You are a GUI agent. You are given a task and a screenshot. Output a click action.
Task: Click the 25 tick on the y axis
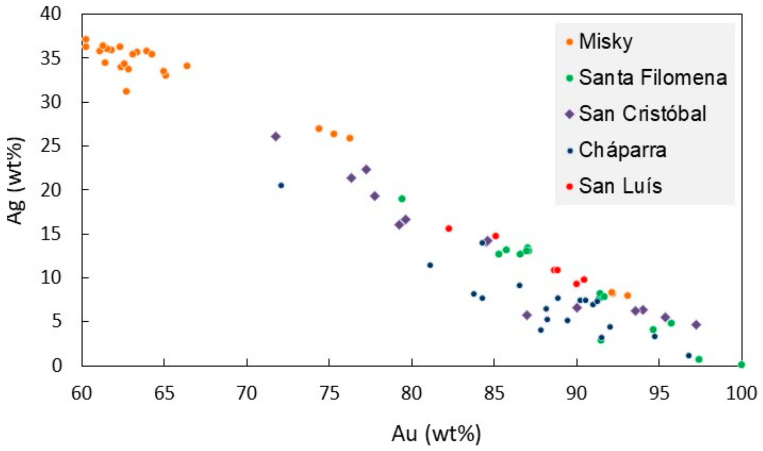point(51,146)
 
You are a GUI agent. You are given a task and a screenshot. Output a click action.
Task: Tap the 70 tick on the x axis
point(246,393)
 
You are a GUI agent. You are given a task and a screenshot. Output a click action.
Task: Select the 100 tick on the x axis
point(741,393)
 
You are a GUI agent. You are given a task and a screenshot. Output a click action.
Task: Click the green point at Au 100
point(741,364)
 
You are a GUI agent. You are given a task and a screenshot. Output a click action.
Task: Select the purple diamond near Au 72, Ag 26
point(276,137)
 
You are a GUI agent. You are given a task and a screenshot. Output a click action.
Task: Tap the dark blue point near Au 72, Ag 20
point(281,186)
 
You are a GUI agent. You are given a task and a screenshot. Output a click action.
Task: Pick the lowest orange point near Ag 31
point(126,92)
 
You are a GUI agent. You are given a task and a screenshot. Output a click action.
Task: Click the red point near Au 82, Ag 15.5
point(449,228)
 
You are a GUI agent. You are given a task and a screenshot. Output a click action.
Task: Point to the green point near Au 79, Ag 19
point(402,199)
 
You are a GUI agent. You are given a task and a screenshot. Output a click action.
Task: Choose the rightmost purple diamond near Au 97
point(696,325)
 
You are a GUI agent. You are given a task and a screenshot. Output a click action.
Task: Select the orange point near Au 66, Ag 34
point(187,66)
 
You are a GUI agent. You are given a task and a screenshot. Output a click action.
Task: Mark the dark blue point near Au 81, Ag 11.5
point(430,265)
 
